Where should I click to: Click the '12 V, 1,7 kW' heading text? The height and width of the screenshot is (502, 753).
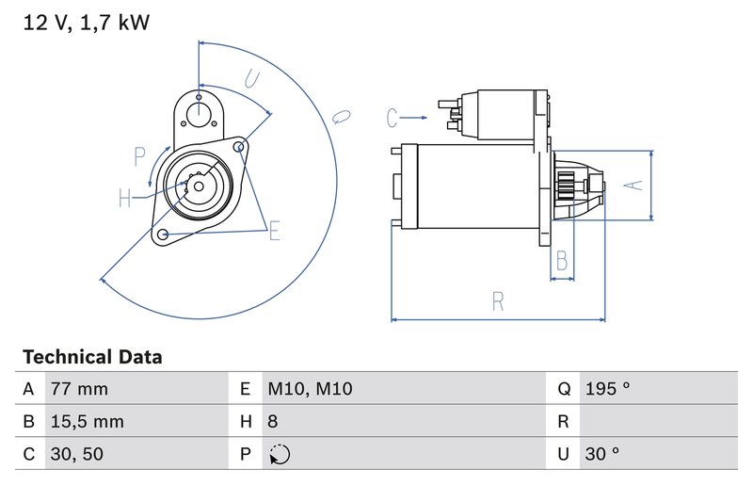[86, 23]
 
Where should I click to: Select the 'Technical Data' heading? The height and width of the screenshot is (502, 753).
[92, 358]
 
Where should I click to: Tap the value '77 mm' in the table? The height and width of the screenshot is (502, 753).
[79, 389]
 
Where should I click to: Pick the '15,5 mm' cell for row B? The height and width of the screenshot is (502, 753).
[86, 422]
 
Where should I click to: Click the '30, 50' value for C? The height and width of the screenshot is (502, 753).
[76, 454]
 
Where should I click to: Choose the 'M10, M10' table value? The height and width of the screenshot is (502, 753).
[310, 389]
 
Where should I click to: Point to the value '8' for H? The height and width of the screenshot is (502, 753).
[273, 422]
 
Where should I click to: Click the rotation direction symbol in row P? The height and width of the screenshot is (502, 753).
[280, 454]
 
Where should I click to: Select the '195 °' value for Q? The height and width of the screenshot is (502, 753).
[607, 389]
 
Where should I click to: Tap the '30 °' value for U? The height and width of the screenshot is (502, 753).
[602, 454]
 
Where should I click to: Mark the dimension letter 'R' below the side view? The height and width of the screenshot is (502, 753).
[498, 301]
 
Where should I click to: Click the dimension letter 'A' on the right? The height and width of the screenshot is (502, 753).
[635, 186]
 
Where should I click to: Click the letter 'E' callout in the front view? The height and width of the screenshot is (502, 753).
[275, 230]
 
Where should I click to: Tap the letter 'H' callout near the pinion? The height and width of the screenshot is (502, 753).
[125, 198]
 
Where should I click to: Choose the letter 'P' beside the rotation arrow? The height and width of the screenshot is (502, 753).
[139, 156]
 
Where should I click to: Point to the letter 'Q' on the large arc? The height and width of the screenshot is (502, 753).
[341, 118]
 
